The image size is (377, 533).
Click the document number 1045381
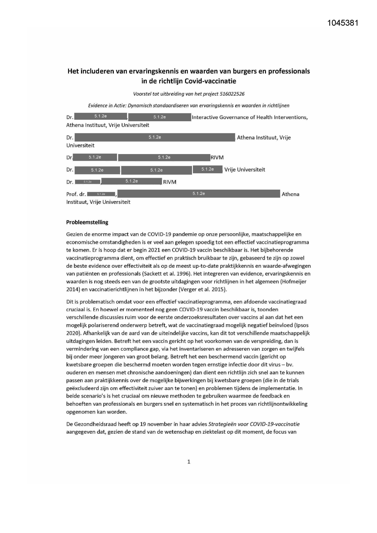(343, 23)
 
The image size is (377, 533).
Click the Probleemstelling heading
(87, 222)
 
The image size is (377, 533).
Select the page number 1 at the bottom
(189, 462)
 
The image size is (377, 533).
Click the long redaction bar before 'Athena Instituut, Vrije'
(155, 137)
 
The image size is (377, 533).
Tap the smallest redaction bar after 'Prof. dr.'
(101, 194)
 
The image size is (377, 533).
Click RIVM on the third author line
(217, 157)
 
